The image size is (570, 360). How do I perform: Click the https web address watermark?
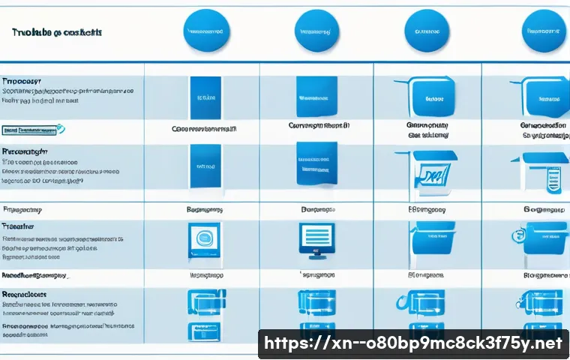point(415,343)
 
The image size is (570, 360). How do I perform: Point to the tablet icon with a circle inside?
point(204,239)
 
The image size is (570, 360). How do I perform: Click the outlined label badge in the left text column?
point(30,129)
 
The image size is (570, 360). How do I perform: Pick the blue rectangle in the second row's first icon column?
point(204,166)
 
